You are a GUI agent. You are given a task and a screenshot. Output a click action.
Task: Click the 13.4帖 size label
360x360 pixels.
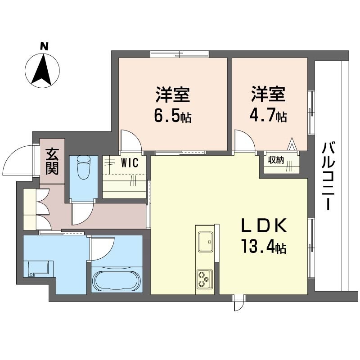pos(264,247)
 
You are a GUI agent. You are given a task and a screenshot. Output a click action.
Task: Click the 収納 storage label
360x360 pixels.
pos(276,161)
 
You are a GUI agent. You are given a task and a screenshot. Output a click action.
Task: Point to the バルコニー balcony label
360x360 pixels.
pos(330,175)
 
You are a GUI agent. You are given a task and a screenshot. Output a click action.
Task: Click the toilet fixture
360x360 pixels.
pos(84,167)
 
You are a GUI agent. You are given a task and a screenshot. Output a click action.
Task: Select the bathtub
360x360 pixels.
pos(117,280)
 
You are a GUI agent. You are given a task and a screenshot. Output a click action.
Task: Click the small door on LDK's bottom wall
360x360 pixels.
pos(239,304)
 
